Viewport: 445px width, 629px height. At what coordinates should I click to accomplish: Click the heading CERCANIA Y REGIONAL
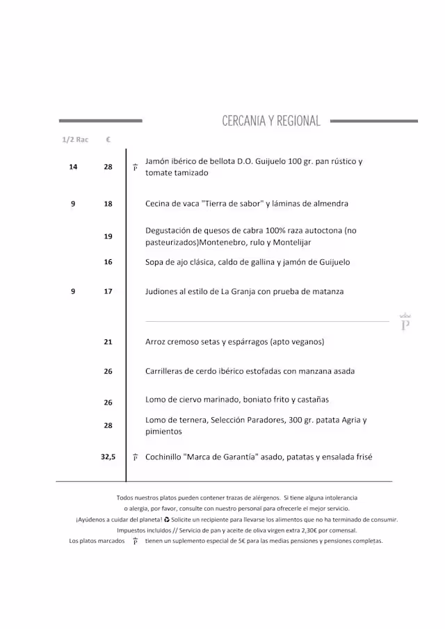[271, 121]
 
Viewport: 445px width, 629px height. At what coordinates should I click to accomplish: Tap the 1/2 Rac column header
[75, 140]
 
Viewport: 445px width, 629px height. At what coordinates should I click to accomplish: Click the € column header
[108, 140]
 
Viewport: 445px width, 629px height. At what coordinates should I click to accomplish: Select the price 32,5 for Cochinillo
[108, 457]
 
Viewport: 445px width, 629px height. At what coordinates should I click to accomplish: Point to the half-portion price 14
[73, 167]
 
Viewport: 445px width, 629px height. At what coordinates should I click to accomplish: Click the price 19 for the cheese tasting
[108, 236]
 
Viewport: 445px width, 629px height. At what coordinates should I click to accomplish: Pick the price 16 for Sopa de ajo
[108, 262]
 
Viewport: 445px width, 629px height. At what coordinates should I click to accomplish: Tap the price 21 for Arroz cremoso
[108, 342]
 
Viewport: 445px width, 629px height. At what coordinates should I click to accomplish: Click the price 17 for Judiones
[108, 292]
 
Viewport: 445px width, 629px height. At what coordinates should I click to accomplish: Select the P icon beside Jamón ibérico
[135, 168]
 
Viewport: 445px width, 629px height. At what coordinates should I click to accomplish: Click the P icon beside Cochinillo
[135, 457]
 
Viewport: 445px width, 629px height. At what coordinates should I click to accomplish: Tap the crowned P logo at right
[405, 322]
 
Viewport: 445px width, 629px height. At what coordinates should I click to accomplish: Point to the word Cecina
[159, 204]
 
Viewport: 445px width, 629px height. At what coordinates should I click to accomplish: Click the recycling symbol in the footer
[167, 519]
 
